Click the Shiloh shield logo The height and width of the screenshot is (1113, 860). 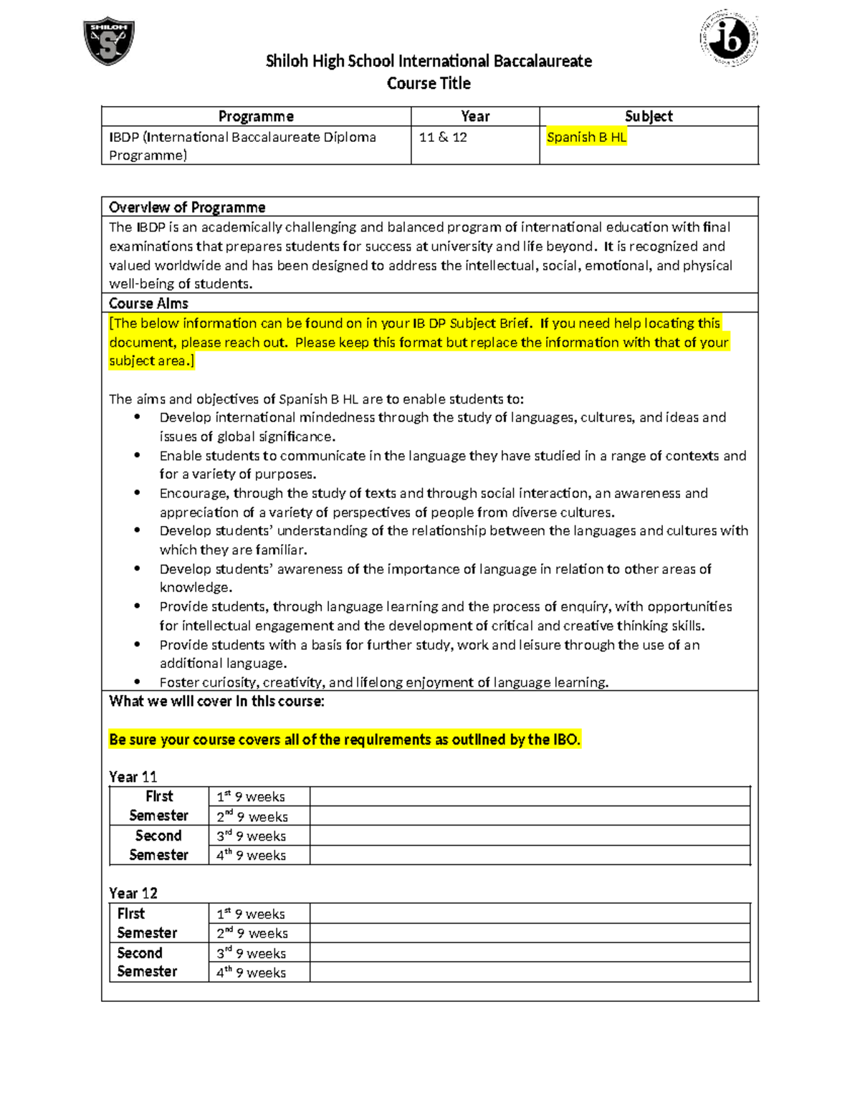[x=109, y=41]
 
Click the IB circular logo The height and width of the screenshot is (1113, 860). [x=728, y=38]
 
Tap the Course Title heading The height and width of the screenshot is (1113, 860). [x=429, y=83]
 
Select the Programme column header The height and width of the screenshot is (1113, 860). [x=256, y=116]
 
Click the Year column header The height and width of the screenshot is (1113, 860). [x=475, y=116]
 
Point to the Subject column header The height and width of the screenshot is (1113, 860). [x=649, y=116]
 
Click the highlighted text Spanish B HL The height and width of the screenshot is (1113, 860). [x=586, y=137]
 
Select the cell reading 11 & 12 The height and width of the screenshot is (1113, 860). [x=443, y=137]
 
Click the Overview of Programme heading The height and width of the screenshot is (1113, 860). [x=187, y=207]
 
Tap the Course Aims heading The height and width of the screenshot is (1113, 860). [x=148, y=303]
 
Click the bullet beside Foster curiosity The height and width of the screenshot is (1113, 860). [x=138, y=682]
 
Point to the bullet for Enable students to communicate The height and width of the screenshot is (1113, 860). [x=138, y=456]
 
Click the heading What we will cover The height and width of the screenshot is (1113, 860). [x=216, y=701]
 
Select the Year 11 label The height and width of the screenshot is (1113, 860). [x=133, y=777]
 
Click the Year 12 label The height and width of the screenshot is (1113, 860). [x=133, y=893]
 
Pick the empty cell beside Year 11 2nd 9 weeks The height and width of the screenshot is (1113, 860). [x=530, y=816]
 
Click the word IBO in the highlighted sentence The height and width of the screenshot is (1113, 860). [x=565, y=740]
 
